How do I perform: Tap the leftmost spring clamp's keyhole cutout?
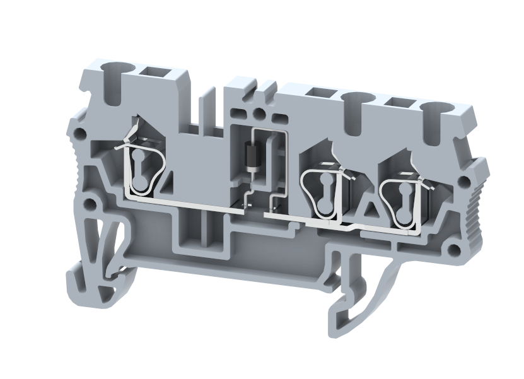point(141,170)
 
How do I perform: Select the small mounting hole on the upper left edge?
point(79,134)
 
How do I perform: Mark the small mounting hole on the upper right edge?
point(464,182)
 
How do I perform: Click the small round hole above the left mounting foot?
point(91,204)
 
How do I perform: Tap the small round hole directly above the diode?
point(258,114)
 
